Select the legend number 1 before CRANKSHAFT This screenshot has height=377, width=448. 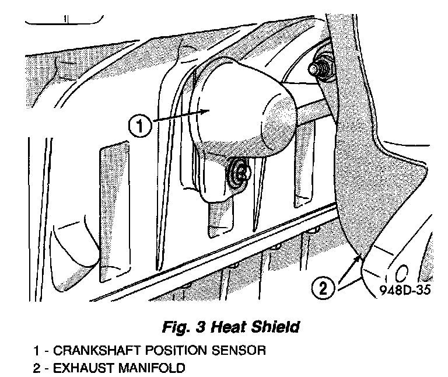[x=36, y=351]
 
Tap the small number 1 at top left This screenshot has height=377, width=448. [x=65, y=19]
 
